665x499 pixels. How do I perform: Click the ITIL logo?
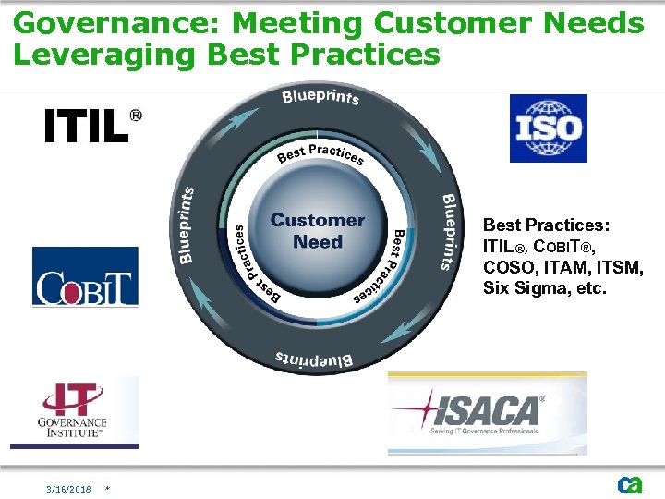(93, 126)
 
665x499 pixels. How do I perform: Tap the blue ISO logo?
(548, 128)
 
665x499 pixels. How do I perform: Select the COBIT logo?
(85, 276)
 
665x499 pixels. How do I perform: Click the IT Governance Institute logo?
(74, 412)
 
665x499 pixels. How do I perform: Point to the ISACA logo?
(487, 414)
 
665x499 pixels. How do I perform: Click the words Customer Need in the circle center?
(318, 231)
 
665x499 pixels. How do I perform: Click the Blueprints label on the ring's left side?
(187, 225)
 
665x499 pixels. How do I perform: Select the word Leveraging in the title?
(104, 55)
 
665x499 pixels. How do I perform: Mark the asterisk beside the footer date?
(108, 489)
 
